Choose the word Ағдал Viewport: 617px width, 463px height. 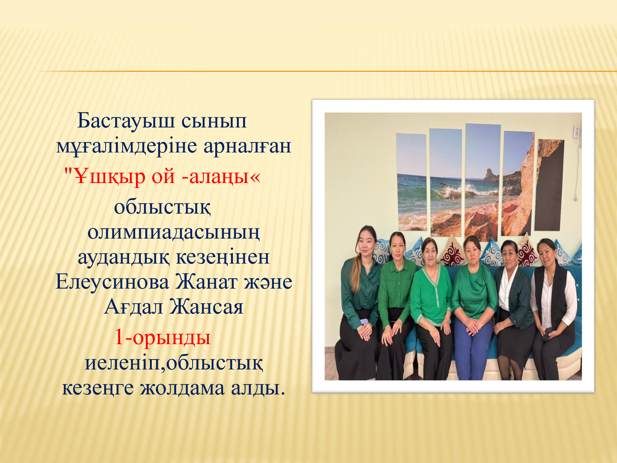pyautogui.click(x=134, y=307)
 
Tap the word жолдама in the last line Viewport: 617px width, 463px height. pyautogui.click(x=182, y=388)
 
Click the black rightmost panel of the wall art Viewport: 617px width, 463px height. pyautogui.click(x=550, y=185)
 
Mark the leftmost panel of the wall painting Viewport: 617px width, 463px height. pyautogui.click(x=412, y=182)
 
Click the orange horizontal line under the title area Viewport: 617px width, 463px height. pyautogui.click(x=327, y=71)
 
